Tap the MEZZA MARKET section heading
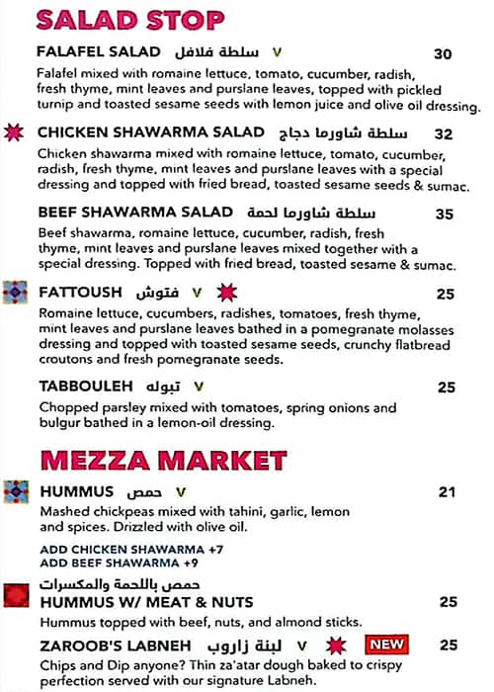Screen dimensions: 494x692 click(163, 460)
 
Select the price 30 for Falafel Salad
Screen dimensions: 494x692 click(443, 54)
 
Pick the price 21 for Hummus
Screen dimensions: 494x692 click(447, 491)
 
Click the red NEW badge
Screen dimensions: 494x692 click(386, 646)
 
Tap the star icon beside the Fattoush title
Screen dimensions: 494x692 click(226, 293)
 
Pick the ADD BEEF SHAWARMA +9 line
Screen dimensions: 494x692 click(107, 562)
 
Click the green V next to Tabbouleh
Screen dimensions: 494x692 click(200, 387)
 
